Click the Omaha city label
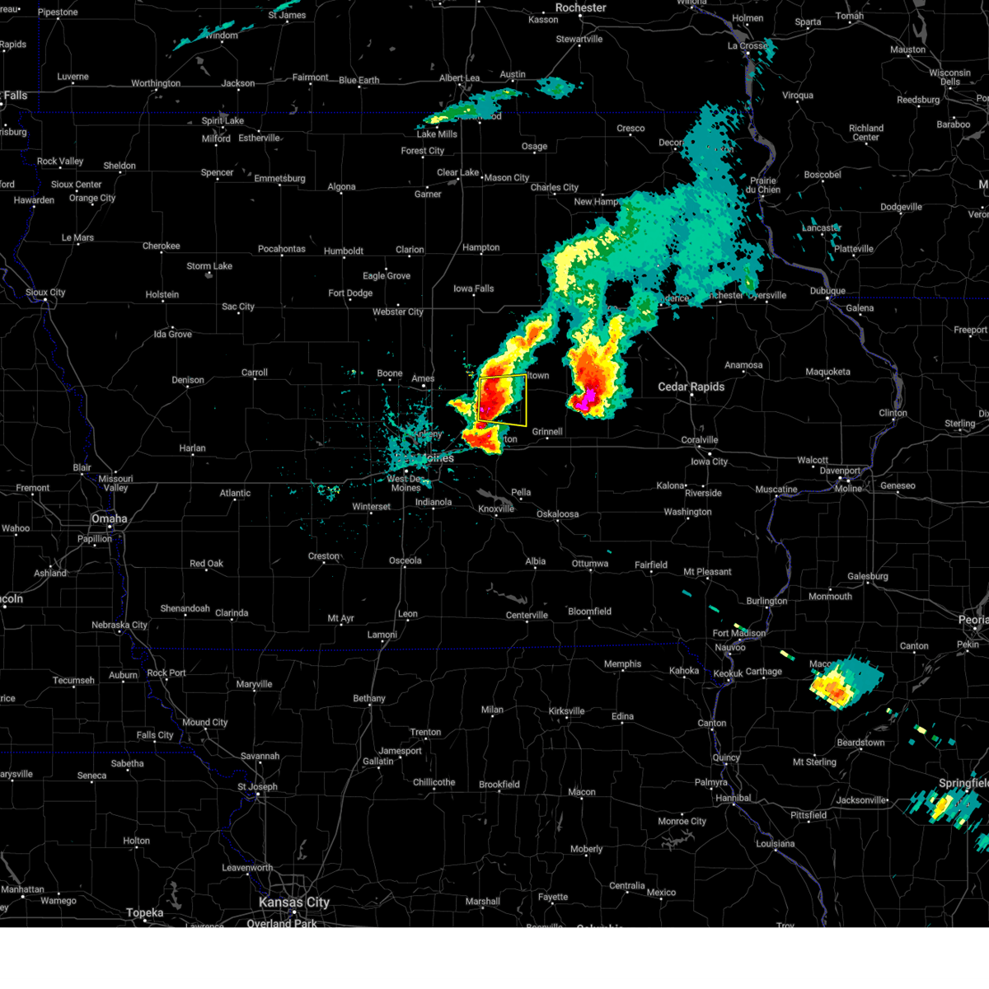click(109, 518)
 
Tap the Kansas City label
click(293, 902)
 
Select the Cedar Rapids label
click(691, 387)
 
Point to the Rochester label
click(580, 7)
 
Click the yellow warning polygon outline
click(526, 400)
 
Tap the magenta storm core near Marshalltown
click(586, 401)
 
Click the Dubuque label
click(827, 291)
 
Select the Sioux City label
click(45, 293)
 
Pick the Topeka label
click(144, 912)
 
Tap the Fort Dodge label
click(350, 293)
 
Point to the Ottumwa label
click(590, 564)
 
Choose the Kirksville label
click(566, 711)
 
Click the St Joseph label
click(257, 786)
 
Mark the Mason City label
click(506, 177)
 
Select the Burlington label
click(766, 601)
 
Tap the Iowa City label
click(709, 462)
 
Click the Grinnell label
click(547, 432)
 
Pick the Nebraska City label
click(120, 625)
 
